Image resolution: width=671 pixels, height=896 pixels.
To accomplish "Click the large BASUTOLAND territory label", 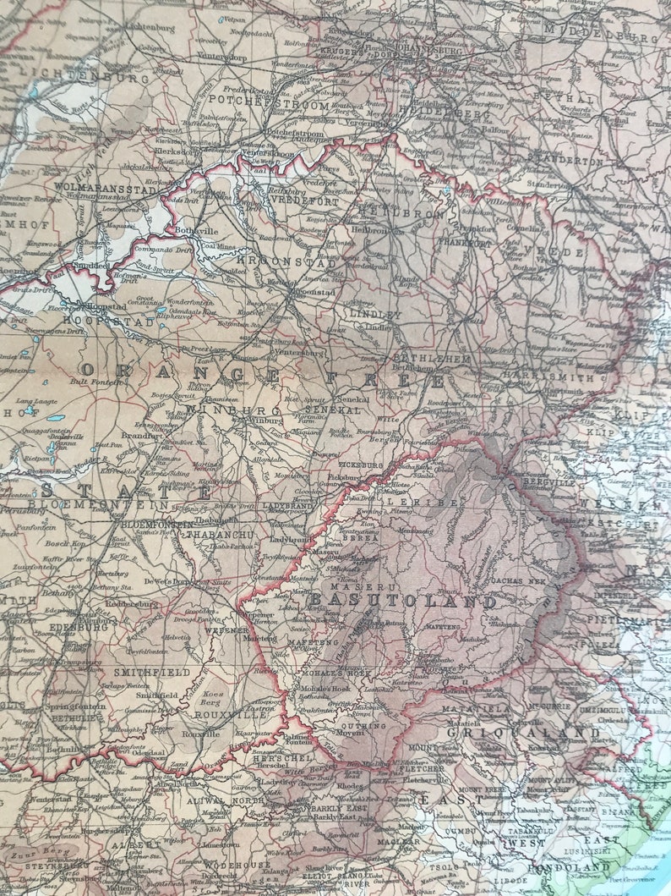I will point(402,602).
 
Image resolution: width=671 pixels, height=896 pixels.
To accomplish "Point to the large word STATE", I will point(127,491).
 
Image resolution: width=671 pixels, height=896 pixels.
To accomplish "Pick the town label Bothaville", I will point(197,229).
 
